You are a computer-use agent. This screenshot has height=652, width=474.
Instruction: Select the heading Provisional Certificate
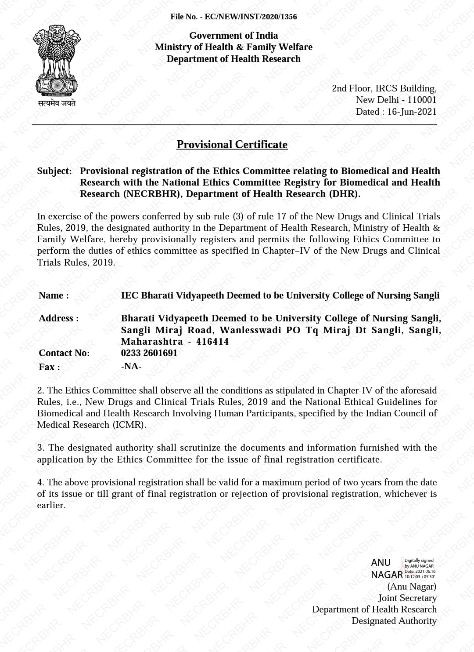click(232, 145)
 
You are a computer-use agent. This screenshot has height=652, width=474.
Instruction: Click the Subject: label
click(54, 171)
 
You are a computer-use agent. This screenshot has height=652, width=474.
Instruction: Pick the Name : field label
click(54, 295)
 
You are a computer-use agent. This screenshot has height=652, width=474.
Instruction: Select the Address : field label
click(59, 318)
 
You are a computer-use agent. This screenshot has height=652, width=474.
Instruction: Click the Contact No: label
click(64, 353)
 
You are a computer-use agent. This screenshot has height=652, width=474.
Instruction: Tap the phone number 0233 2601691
click(149, 353)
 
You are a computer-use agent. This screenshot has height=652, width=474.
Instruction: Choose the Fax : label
click(50, 367)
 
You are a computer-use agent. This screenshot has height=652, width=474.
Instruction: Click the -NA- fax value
click(131, 366)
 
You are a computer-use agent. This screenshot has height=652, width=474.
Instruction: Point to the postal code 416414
click(212, 342)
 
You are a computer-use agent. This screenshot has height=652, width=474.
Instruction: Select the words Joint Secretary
click(407, 598)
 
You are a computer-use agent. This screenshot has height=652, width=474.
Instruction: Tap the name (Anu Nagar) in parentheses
click(412, 586)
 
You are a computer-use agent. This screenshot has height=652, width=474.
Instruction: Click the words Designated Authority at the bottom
click(394, 621)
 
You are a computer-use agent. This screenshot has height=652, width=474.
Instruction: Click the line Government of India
click(233, 36)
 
